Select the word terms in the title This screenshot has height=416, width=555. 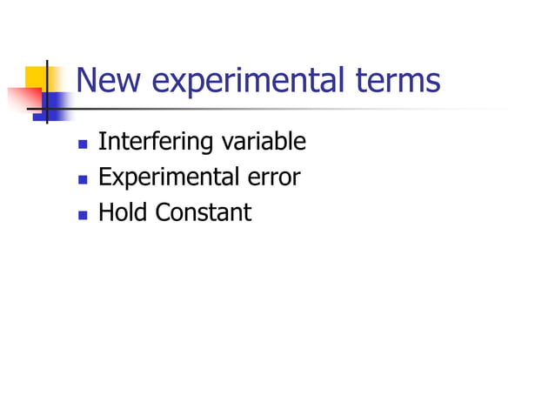[398, 81]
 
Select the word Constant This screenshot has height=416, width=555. [204, 211]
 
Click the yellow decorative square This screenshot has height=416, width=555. [36, 77]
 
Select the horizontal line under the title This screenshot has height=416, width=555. [261, 109]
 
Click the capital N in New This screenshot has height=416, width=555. [87, 81]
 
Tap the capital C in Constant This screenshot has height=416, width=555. [164, 211]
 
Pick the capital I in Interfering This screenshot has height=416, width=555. [101, 141]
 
